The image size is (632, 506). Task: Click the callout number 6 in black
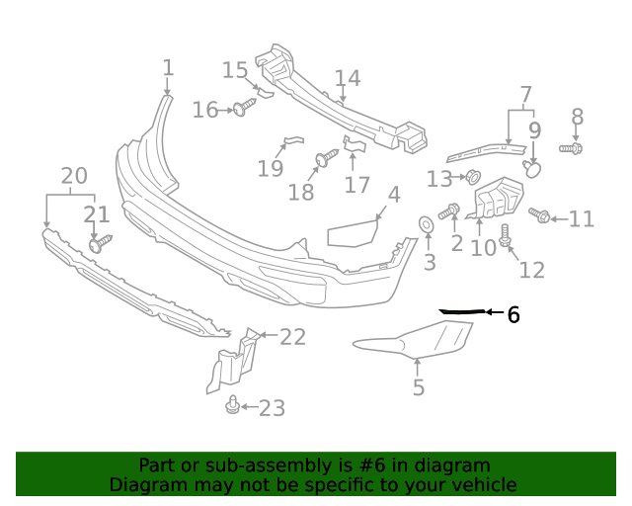tap(513, 315)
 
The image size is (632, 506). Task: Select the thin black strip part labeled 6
tap(462, 311)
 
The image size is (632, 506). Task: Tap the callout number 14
tap(347, 78)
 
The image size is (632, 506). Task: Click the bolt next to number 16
tap(241, 109)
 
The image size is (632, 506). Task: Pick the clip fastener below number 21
tap(100, 241)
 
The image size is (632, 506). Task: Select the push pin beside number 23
tap(232, 405)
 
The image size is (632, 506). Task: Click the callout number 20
tap(74, 176)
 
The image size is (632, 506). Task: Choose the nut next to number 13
tap(471, 178)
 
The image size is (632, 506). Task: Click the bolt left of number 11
tap(539, 214)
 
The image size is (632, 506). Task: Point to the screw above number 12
tap(506, 235)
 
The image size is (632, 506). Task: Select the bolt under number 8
tap(572, 148)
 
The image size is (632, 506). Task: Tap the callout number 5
tap(419, 387)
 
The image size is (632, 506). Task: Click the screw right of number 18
tap(326, 158)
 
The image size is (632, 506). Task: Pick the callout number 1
tap(168, 68)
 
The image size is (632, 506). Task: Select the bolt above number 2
tap(450, 211)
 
